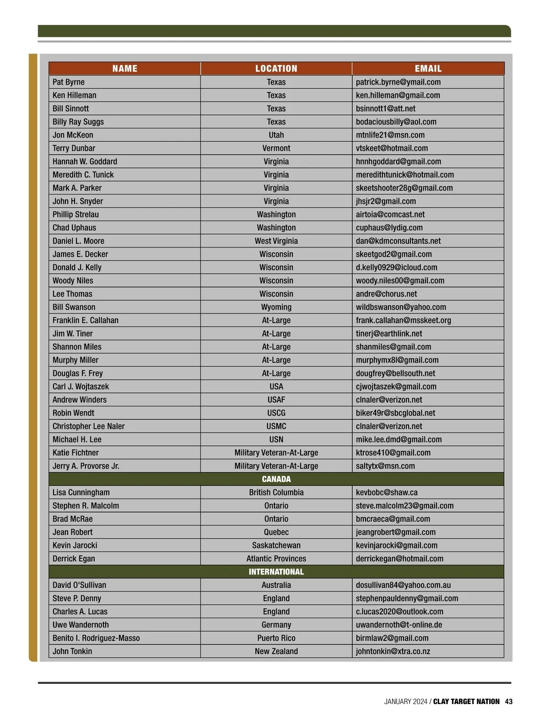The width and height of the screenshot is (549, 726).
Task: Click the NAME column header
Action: click(124, 69)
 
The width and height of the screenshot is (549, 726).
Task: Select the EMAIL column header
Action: click(428, 69)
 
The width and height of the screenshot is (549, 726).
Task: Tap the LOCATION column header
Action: click(276, 69)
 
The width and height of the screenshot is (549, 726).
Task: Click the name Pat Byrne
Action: click(69, 82)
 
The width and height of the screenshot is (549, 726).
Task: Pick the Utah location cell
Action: click(276, 135)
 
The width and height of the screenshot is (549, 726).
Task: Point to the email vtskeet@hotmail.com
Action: click(392, 149)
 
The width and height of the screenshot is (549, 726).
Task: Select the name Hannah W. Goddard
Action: click(85, 162)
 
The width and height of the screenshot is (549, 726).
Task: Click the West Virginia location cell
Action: click(276, 241)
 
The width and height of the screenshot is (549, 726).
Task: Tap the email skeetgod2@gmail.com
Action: click(394, 254)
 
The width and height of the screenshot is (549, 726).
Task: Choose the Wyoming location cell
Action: click(276, 307)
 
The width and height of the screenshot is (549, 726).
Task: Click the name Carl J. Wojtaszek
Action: click(81, 387)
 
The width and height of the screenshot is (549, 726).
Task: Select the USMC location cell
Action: click(276, 427)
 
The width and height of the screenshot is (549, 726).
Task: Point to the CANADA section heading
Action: click(276, 479)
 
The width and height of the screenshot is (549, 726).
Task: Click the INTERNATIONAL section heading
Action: click(276, 572)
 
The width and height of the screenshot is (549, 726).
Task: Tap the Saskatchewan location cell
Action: click(276, 545)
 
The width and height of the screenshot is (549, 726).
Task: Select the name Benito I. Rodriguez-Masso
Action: click(96, 638)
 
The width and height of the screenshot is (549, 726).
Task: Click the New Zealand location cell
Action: click(276, 651)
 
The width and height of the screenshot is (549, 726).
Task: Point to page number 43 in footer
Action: click(509, 702)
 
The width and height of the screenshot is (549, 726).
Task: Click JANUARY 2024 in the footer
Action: click(406, 702)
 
